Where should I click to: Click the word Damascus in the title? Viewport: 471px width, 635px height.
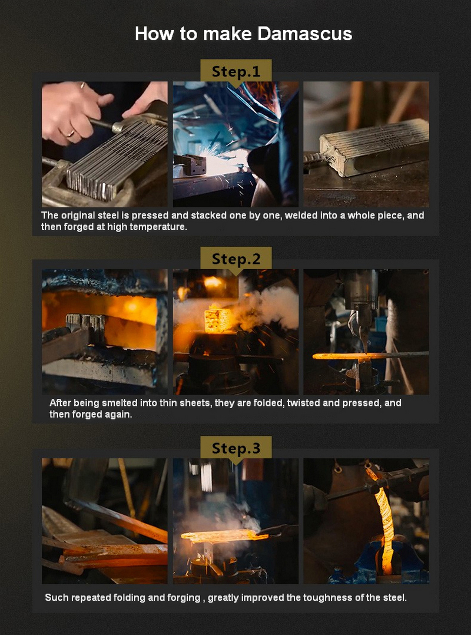(x=305, y=34)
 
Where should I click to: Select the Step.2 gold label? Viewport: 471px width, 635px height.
(x=236, y=259)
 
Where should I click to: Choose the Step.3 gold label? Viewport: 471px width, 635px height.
(x=236, y=448)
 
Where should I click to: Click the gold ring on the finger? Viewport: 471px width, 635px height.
(x=70, y=133)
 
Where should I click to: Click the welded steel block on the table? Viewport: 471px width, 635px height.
(x=373, y=147)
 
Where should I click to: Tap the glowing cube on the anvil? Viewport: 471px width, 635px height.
(x=218, y=320)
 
